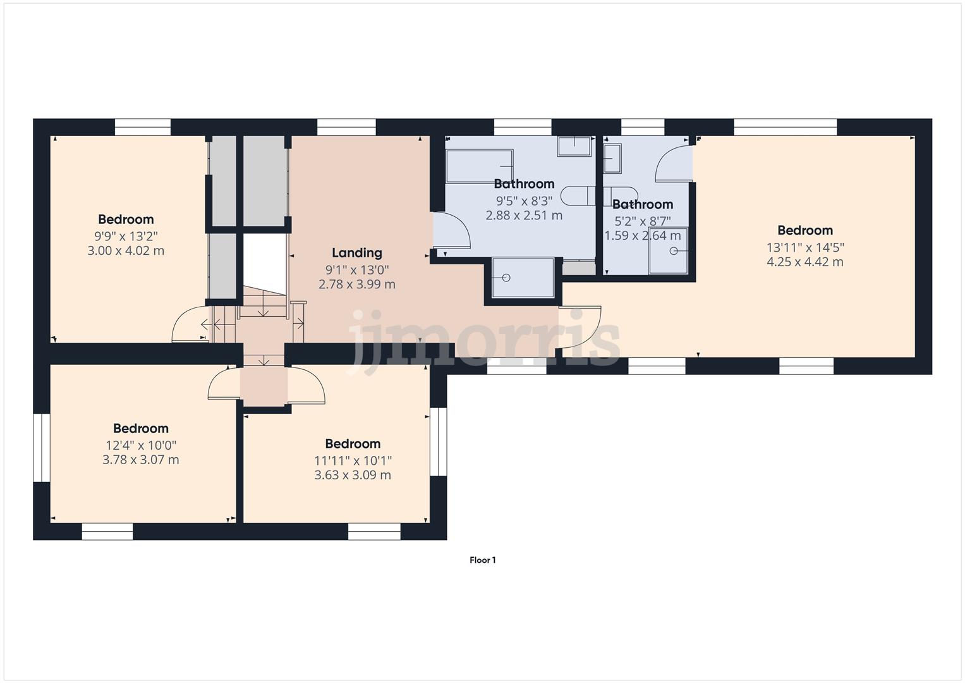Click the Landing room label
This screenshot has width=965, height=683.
[357, 253]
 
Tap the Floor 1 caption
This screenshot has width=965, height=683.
[482, 560]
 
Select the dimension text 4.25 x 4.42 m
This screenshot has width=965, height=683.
[804, 262]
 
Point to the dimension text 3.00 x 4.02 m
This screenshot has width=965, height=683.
[126, 250]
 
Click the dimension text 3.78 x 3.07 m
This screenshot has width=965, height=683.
[140, 460]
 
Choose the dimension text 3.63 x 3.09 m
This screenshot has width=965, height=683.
[353, 475]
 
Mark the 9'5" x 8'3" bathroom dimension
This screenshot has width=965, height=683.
[524, 200]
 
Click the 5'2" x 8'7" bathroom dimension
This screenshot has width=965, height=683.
[642, 221]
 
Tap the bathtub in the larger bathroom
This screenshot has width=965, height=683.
[479, 166]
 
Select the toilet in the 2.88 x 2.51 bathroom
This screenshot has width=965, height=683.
[578, 196]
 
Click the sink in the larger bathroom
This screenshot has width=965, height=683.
[574, 147]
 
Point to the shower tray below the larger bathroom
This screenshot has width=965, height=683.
[523, 278]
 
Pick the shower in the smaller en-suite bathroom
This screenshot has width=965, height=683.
[668, 251]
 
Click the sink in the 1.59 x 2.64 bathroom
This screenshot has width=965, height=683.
[612, 158]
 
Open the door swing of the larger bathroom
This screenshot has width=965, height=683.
[451, 231]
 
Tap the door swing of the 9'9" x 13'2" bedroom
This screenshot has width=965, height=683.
[190, 324]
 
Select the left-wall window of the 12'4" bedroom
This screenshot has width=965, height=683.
[42, 448]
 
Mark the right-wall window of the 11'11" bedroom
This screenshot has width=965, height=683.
[438, 441]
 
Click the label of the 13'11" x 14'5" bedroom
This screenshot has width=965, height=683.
[804, 230]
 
